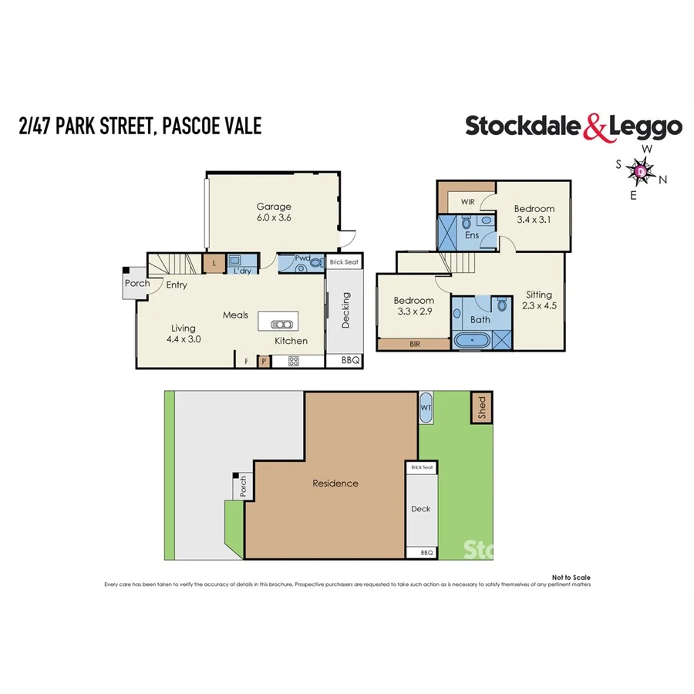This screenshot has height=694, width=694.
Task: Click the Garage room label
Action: pyautogui.click(x=274, y=207)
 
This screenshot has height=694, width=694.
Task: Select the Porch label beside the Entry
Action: pyautogui.click(x=137, y=284)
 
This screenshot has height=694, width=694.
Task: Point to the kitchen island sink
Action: pyautogui.click(x=282, y=324)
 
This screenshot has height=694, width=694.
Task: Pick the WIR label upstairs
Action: pyautogui.click(x=468, y=201)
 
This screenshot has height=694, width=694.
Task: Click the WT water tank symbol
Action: pyautogui.click(x=426, y=407)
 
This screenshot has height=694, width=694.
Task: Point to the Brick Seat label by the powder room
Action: pyautogui.click(x=344, y=262)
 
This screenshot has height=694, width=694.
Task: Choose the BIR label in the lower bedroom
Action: pyautogui.click(x=414, y=345)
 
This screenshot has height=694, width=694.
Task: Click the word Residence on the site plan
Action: pyautogui.click(x=335, y=483)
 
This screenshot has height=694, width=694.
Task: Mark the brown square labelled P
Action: pyautogui.click(x=264, y=360)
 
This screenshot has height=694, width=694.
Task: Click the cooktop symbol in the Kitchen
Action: pyautogui.click(x=294, y=360)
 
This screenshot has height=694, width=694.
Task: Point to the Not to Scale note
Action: pyautogui.click(x=571, y=577)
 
